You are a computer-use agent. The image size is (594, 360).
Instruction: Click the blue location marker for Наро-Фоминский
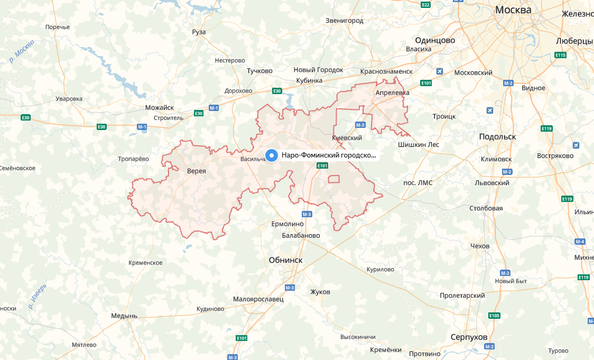(x=272, y=155)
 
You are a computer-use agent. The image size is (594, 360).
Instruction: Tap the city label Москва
(x=513, y=10)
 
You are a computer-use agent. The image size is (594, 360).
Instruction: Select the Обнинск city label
(x=285, y=260)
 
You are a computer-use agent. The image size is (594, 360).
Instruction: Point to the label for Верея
(x=196, y=171)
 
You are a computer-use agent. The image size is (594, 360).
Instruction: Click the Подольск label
(x=497, y=136)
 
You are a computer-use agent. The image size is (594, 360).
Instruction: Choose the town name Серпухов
(x=469, y=337)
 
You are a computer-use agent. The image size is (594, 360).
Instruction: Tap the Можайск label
(x=159, y=107)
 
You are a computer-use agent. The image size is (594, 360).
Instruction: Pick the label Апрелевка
(x=392, y=93)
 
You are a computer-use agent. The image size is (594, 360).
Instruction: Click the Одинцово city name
(x=435, y=40)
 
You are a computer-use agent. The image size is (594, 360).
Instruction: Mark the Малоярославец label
(x=258, y=299)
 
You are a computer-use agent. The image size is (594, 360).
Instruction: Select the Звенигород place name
(x=345, y=21)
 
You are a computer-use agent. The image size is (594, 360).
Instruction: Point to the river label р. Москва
(x=22, y=51)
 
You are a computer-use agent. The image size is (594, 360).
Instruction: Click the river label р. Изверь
(x=38, y=296)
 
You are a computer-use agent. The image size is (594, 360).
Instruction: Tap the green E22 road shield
(x=425, y=5)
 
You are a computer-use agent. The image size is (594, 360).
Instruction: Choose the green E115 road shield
(x=561, y=55)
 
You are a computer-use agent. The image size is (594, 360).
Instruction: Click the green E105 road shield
(x=494, y=316)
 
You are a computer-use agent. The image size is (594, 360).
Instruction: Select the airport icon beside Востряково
(x=576, y=145)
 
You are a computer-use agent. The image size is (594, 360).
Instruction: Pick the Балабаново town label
(x=301, y=235)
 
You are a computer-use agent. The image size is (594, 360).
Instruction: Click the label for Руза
(x=199, y=32)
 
